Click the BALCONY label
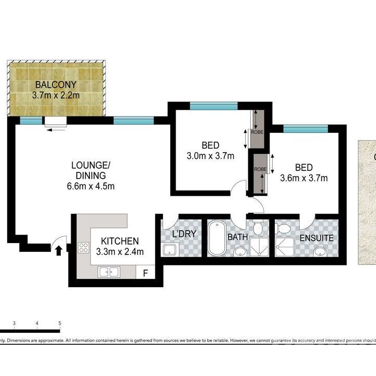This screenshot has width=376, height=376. tap(56, 85)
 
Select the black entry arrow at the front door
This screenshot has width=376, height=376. tap(59, 251)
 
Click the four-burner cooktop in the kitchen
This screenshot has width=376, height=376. tap(84, 248)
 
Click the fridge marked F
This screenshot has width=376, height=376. tap(145, 272)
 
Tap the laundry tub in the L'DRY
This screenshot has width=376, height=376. tap(169, 250)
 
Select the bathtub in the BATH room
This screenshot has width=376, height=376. tap(216, 239)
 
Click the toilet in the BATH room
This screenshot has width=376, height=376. tap(258, 227)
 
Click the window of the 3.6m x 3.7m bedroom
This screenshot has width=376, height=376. tap(305, 128)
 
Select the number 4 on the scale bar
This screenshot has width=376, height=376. tap(37, 323)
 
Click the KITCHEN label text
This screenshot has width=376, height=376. tap(119, 241)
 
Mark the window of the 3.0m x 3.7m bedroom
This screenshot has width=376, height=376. tap(213, 106)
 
